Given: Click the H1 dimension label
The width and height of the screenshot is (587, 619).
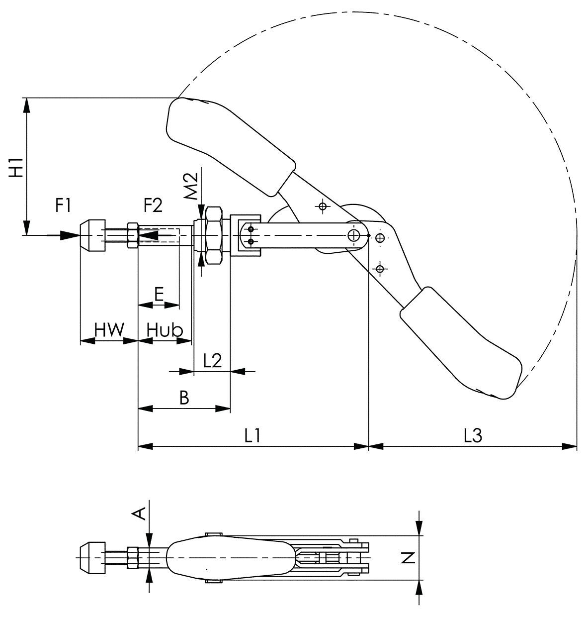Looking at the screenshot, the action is point(16,168).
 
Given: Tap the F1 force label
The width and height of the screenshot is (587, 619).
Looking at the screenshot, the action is point(63,206).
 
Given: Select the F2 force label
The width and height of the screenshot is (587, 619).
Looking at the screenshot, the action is point(153,206).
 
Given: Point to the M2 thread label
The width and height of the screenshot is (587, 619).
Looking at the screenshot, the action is point(191,186).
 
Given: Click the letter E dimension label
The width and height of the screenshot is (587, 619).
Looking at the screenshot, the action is point(159,294).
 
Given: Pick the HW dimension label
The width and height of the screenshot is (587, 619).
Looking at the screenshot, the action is point(110,329).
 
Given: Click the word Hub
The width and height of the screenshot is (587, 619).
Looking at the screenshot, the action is point(165,329).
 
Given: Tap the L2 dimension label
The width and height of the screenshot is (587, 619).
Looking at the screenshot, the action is point(212,361).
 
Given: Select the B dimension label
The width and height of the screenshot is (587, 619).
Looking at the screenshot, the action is point(184,398).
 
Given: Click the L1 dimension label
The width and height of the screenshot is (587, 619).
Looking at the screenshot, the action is point(252,436).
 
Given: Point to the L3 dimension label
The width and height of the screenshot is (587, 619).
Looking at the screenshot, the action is point(473,436).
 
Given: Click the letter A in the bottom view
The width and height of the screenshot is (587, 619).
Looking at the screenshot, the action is point(139,514).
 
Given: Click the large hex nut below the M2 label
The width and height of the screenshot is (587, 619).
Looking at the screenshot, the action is point(214,235).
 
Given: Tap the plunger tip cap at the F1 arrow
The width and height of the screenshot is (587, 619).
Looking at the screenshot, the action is point(92,235).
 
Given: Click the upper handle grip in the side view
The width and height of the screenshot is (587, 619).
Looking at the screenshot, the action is point(230,146).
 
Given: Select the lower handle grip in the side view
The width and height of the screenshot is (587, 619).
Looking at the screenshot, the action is point(459,343).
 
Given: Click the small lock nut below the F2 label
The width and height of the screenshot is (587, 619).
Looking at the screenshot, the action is point(133,235).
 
